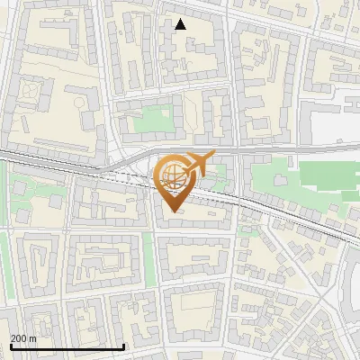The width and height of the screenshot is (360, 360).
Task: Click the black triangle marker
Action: click(x=181, y=24)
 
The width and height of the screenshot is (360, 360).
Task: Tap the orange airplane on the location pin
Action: click(x=199, y=163)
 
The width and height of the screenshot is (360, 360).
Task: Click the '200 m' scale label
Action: click(x=23, y=337)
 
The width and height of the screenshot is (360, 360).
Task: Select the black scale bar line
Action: click(x=67, y=346)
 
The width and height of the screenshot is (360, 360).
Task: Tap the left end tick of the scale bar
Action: click(x=10, y=344)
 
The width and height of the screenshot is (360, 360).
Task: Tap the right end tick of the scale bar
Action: click(x=123, y=344)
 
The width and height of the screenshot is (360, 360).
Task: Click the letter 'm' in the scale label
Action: click(x=32, y=337)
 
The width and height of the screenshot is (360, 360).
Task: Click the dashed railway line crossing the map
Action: click(x=270, y=209)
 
